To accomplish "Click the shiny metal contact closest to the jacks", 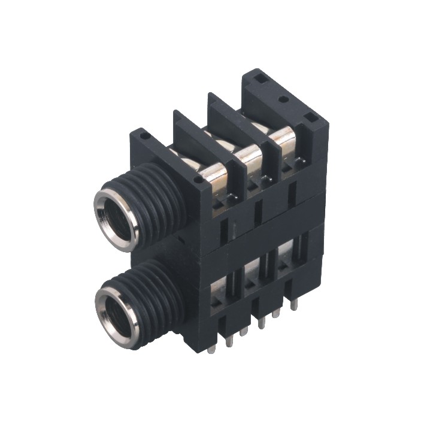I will tap(214, 174).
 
